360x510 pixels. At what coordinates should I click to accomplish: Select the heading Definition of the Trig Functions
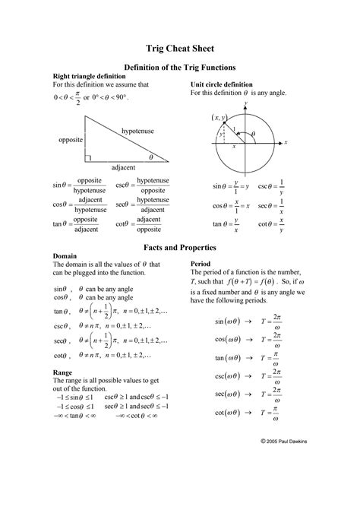point(179,68)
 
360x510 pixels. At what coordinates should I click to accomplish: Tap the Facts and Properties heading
point(180,248)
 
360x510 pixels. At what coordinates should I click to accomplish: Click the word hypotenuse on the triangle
point(137,131)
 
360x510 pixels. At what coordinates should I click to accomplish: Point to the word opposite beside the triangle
point(71,141)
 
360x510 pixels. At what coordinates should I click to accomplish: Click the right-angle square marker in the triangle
point(89,158)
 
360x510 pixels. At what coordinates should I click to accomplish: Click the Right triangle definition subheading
point(87,77)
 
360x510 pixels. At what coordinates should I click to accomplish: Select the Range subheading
point(62,373)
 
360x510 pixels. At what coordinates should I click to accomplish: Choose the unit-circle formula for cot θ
point(271,223)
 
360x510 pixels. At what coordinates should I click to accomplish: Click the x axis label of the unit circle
point(286,141)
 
